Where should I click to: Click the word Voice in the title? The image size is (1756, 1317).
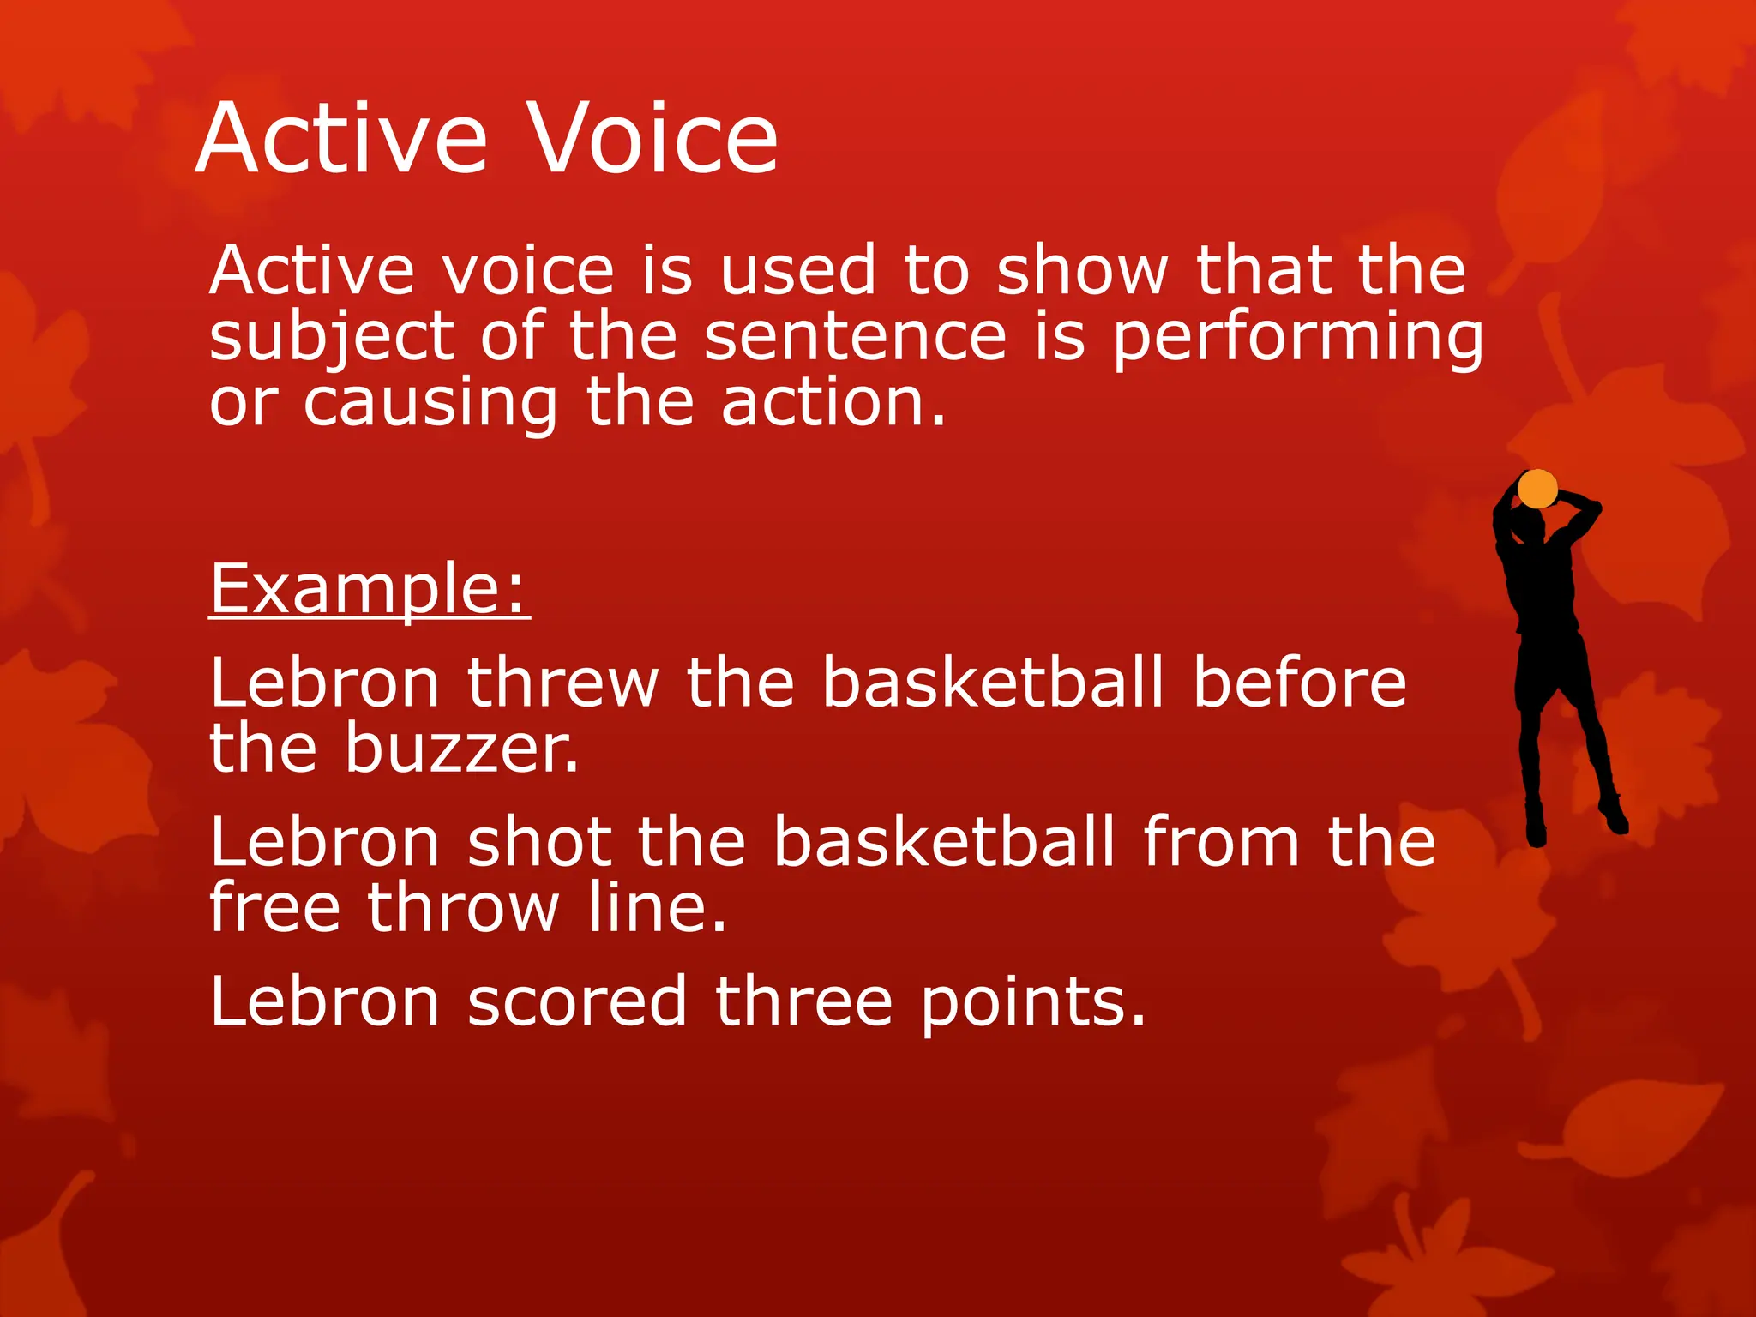652,139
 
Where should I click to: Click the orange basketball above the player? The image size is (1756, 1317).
1536,489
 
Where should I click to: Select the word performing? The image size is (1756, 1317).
1298,338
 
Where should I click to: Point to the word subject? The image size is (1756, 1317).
331,338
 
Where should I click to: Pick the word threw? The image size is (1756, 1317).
562,683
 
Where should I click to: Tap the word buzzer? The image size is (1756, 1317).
461,749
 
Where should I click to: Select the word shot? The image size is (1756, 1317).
539,843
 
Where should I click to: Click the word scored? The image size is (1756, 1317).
577,1001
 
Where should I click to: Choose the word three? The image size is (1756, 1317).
803,1001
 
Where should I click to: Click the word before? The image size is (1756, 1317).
1300,683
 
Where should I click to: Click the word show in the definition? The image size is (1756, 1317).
1082,271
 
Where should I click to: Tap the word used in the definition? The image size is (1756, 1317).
797,271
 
